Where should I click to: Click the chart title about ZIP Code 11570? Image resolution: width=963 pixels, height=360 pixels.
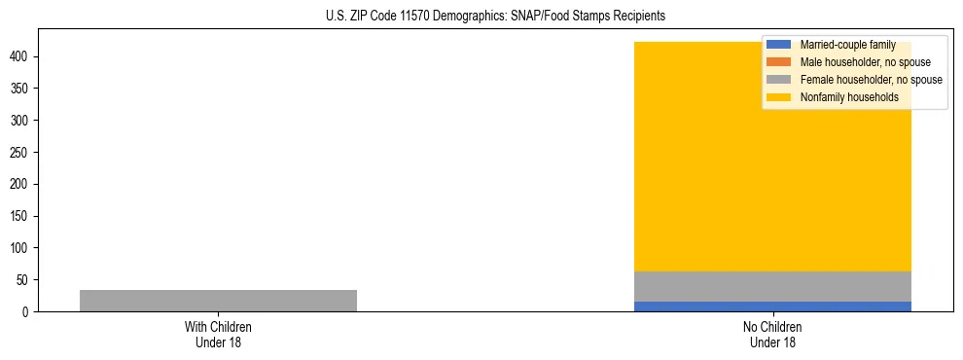point(495,17)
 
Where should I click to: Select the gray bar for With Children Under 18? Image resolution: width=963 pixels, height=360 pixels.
point(218,301)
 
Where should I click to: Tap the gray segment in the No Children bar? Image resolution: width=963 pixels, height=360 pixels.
point(772,286)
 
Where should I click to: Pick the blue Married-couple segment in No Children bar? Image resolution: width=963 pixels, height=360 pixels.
point(772,306)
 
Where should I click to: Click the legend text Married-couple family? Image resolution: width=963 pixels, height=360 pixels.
point(847,45)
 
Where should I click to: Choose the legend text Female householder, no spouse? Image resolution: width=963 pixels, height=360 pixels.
point(871,80)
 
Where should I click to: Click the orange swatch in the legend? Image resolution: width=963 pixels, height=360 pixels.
point(779,62)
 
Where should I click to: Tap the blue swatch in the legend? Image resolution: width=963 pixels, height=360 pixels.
point(779,45)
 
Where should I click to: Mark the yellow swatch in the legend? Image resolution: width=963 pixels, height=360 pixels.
point(779,97)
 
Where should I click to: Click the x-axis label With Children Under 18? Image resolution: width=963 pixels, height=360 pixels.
point(218,334)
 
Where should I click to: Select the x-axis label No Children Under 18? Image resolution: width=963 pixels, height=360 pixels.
point(772,334)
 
